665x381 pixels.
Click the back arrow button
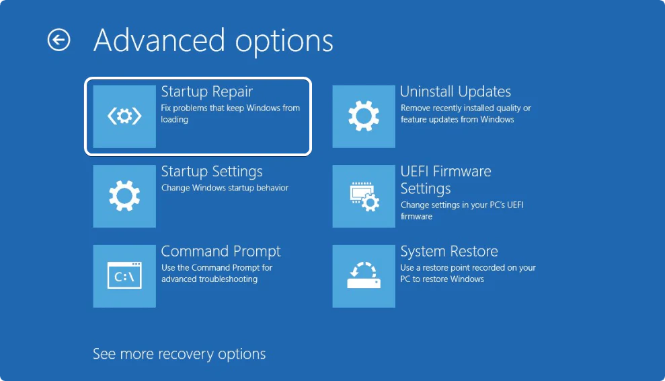click(x=58, y=40)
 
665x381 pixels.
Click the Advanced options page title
click(x=213, y=41)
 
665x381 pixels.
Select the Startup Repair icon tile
click(x=124, y=116)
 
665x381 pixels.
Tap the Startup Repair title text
click(x=207, y=92)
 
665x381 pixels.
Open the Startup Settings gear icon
click(x=124, y=197)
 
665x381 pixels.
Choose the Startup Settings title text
click(x=212, y=171)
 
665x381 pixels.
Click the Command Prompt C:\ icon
click(x=124, y=276)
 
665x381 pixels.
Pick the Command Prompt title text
click(x=221, y=251)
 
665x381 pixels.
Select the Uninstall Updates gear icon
click(x=364, y=116)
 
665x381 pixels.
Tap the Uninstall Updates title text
click(x=455, y=92)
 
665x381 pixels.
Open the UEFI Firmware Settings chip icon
click(x=364, y=197)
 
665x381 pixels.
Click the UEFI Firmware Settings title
click(x=446, y=180)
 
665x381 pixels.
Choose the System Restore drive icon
click(x=364, y=276)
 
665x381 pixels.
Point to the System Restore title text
click(x=449, y=251)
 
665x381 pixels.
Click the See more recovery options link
click(x=179, y=354)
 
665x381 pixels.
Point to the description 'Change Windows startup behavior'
click(x=225, y=188)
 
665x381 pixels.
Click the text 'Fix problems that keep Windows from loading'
click(x=230, y=114)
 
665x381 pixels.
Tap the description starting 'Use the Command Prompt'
click(x=217, y=273)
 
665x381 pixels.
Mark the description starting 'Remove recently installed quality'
click(x=466, y=114)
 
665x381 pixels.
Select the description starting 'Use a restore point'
click(x=468, y=273)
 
